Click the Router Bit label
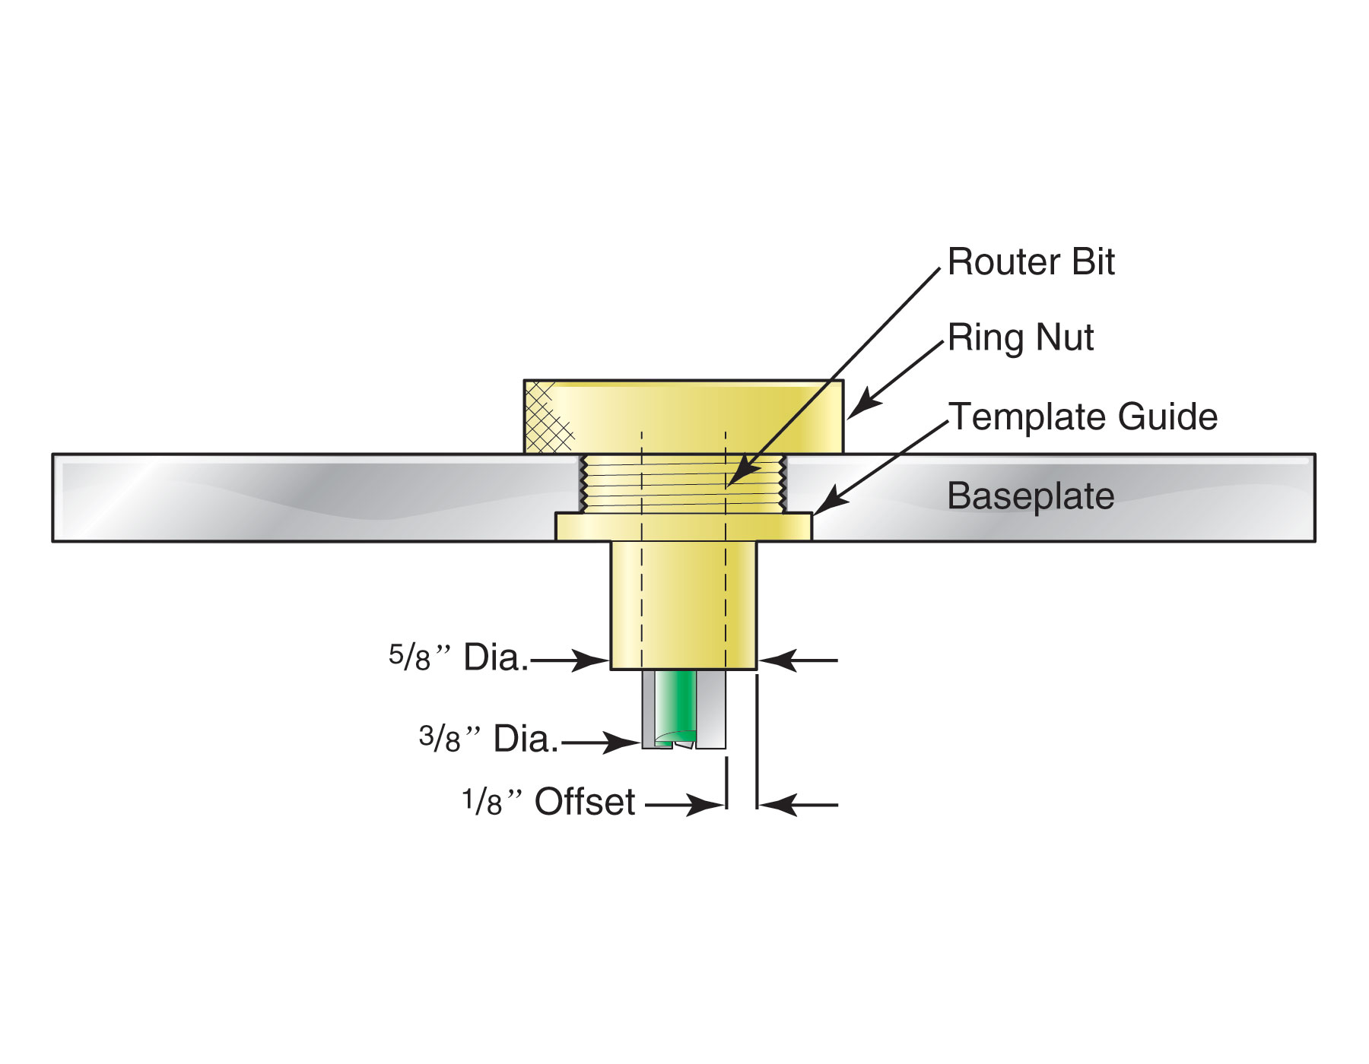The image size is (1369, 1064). click(1031, 263)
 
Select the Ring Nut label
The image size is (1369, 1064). click(1020, 337)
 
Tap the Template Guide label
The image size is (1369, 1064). click(1082, 417)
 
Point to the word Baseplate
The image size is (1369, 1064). click(1031, 496)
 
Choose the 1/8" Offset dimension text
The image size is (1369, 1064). click(548, 803)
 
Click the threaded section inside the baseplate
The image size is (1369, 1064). click(683, 483)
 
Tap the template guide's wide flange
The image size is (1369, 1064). click(683, 527)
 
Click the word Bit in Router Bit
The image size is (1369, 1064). click(1092, 263)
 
